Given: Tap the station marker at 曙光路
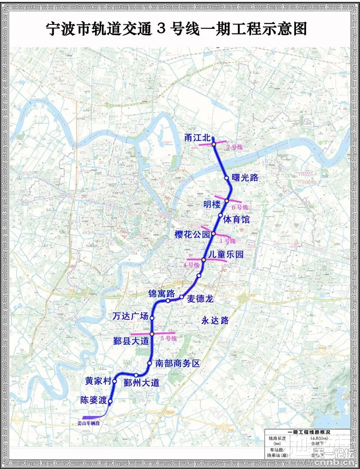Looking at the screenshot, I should click(x=227, y=178).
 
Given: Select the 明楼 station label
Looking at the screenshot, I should click(x=212, y=204).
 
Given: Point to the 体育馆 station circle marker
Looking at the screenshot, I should click(x=221, y=215).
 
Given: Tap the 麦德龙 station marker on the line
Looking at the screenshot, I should click(x=181, y=297).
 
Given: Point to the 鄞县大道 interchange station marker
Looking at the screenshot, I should click(x=152, y=334).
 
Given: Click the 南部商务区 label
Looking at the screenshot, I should click(x=177, y=363).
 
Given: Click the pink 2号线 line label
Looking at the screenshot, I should click(x=234, y=147).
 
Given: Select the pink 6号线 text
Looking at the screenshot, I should click(x=240, y=207).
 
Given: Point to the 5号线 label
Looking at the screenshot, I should click(x=168, y=338).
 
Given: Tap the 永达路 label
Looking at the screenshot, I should click(x=215, y=321).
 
